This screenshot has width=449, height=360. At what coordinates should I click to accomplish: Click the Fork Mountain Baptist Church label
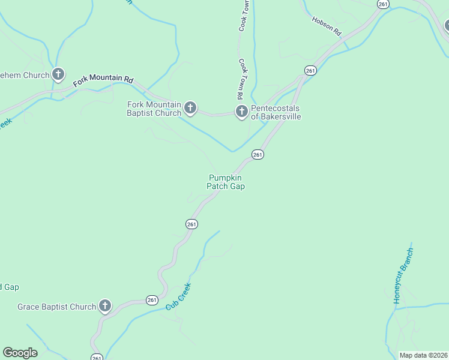click(x=154, y=109)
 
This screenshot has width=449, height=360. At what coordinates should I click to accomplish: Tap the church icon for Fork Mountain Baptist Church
click(x=190, y=108)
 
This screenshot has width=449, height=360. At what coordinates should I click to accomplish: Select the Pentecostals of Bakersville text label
click(x=276, y=112)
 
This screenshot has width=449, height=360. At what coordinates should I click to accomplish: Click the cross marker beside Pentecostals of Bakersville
click(x=241, y=111)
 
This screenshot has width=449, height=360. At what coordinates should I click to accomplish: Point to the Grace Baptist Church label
click(x=56, y=307)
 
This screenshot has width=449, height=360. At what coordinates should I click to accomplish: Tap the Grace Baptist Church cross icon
click(x=105, y=306)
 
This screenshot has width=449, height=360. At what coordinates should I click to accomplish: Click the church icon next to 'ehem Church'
click(x=58, y=75)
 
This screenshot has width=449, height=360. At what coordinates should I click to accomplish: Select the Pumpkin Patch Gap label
click(x=226, y=182)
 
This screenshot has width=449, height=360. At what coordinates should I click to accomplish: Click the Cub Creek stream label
click(x=178, y=296)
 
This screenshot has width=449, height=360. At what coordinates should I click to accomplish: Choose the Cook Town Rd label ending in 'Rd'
click(x=240, y=78)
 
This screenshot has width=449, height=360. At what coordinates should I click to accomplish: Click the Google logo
click(x=20, y=353)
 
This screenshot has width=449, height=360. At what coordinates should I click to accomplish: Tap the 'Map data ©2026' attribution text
click(x=423, y=355)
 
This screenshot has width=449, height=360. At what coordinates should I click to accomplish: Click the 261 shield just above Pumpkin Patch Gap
click(x=258, y=154)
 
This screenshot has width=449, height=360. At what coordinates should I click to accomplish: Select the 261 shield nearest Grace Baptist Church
click(x=152, y=299)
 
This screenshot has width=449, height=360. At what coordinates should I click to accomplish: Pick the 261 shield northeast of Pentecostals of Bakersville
click(x=310, y=71)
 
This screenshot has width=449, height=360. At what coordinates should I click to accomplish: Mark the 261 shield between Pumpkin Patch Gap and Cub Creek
click(x=191, y=224)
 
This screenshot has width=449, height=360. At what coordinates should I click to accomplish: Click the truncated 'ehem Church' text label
click(x=25, y=76)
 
